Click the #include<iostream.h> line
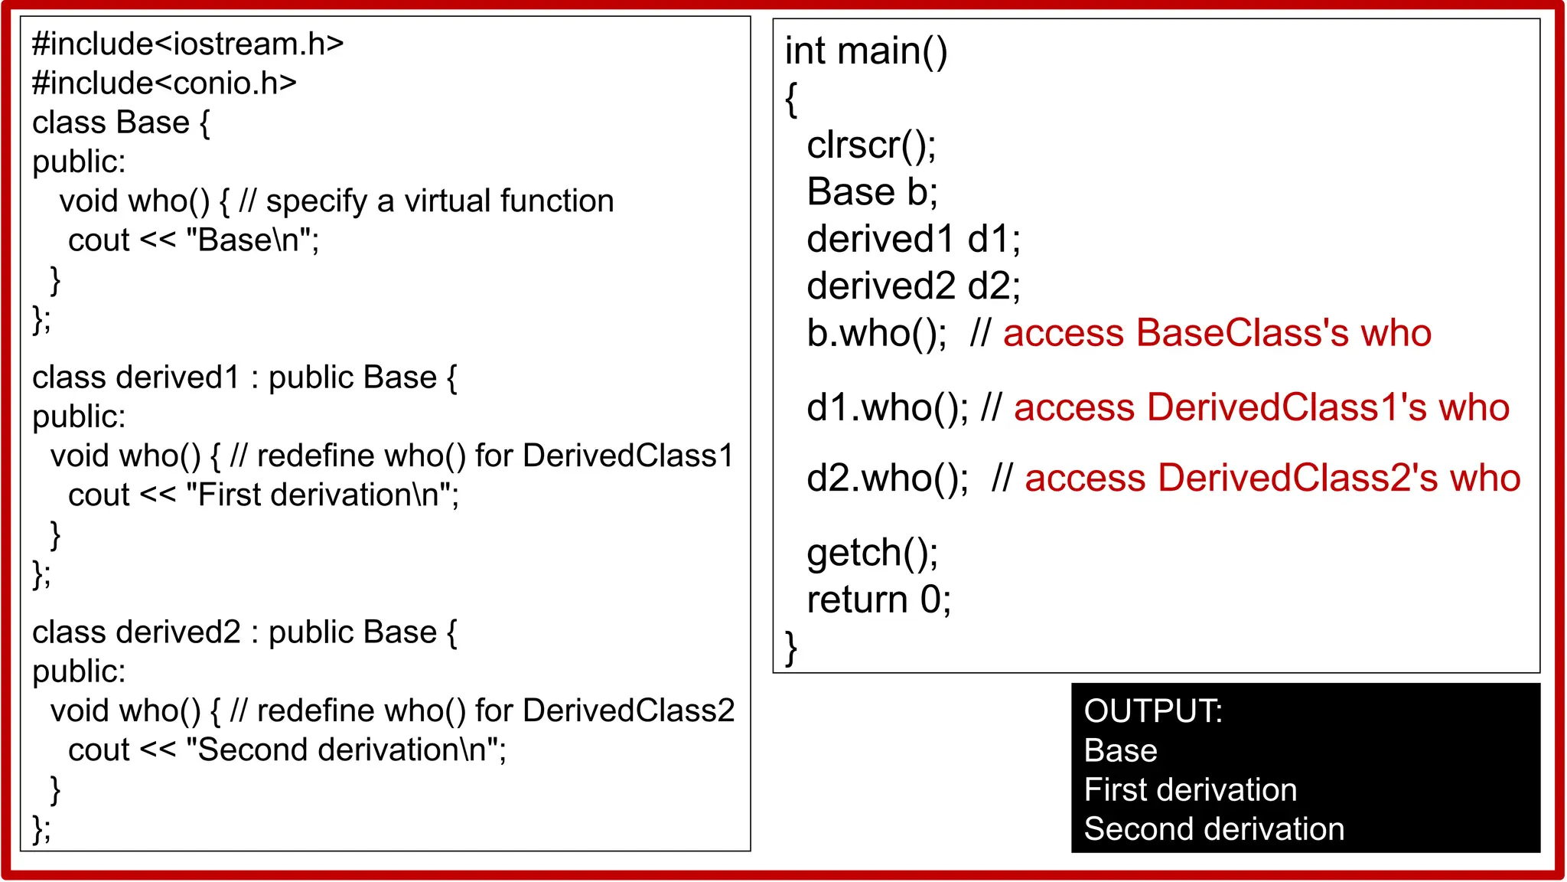click(187, 44)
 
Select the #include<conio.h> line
click(164, 83)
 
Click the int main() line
click(866, 51)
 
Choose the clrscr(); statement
click(871, 145)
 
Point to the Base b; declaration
click(871, 192)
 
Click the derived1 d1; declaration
click(913, 240)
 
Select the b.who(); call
click(876, 334)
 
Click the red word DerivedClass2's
click(1297, 479)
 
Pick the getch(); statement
click(872, 553)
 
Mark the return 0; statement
click(878, 600)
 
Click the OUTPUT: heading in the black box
click(1152, 711)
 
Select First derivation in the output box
click(1190, 790)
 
